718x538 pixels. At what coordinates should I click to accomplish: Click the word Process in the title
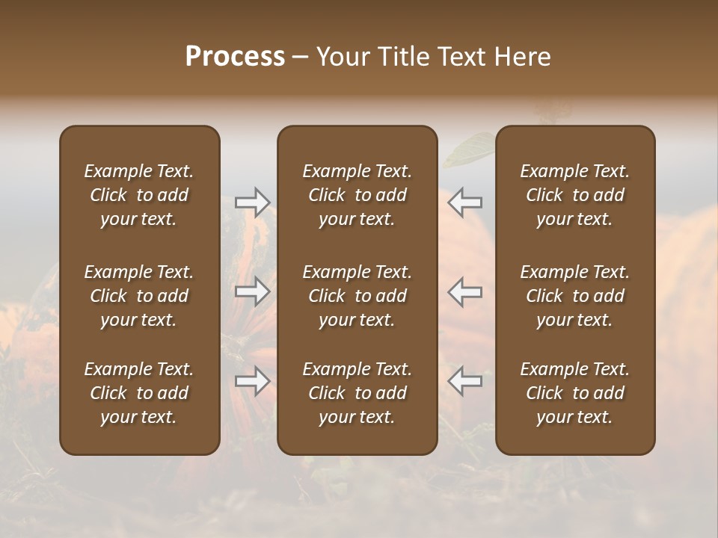[235, 57]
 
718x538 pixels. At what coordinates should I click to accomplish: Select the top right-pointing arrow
[253, 201]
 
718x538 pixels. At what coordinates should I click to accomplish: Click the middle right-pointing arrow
[253, 291]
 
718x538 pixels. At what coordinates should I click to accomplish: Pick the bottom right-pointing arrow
[253, 381]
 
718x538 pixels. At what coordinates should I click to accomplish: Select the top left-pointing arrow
[464, 201]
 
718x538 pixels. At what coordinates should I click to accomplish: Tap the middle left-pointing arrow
[464, 291]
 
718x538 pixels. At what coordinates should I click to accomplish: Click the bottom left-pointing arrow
[464, 381]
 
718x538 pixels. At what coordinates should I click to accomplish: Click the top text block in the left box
[139, 195]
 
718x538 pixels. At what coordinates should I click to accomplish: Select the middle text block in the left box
[139, 296]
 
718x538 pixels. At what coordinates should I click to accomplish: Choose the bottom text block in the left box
[139, 393]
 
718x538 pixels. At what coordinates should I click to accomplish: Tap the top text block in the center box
[357, 195]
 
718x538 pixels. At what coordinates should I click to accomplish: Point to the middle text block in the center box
[357, 296]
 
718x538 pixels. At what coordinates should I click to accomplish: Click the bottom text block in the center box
[357, 393]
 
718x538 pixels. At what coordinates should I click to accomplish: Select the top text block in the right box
[574, 195]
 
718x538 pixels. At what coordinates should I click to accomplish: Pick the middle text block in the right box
[574, 296]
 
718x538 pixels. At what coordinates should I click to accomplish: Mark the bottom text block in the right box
[574, 393]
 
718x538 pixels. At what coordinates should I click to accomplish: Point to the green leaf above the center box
[466, 149]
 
